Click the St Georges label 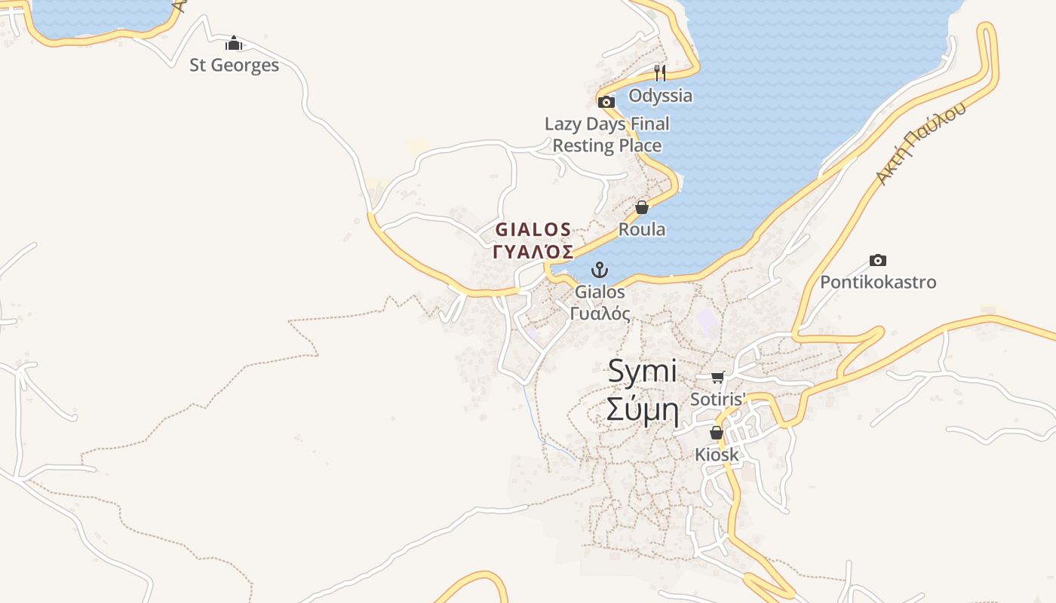(x=234, y=66)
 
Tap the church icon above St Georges (x=234, y=43)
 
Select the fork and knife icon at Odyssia (x=660, y=72)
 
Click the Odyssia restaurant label (x=660, y=96)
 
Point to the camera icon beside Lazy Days (x=606, y=102)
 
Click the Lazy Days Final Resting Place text (x=607, y=134)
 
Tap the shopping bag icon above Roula (x=642, y=207)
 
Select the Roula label (x=642, y=229)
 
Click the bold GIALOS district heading (x=533, y=229)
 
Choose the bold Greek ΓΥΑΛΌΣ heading (x=533, y=252)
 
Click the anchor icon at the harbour (x=600, y=270)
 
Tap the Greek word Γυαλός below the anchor (x=600, y=314)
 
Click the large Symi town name (x=643, y=372)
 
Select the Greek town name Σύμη (x=643, y=411)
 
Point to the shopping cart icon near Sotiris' (x=717, y=377)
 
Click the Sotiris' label (x=718, y=399)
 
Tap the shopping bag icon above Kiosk (x=717, y=433)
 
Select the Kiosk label (x=717, y=455)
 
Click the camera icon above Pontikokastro (x=878, y=260)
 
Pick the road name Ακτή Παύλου (x=920, y=144)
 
